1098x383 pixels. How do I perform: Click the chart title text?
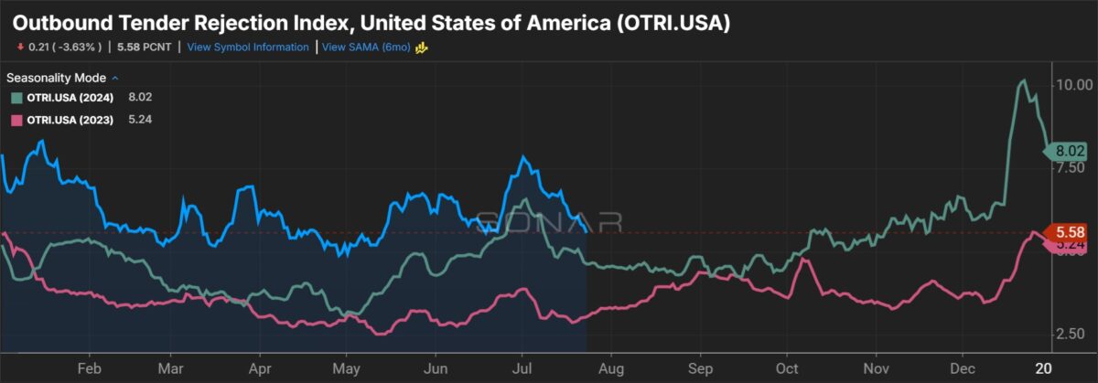pos(371,22)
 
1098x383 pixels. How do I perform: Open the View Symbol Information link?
pos(248,48)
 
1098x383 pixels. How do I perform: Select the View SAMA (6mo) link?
pos(367,48)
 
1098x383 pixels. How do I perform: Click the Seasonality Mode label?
pos(56,78)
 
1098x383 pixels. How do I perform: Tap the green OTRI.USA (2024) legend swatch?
pos(16,98)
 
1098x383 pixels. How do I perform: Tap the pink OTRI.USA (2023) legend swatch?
pos(16,120)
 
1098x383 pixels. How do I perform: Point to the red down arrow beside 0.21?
pos(19,48)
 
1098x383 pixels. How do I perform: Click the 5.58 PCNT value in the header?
pos(145,48)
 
